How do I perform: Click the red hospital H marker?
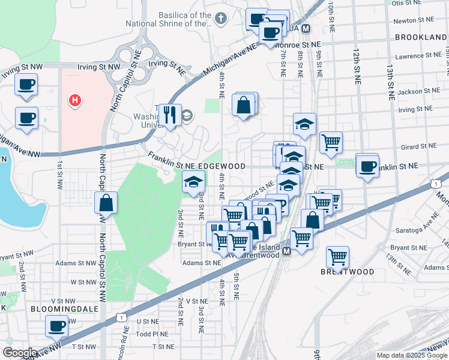point(74,100)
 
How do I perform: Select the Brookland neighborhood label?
point(420,37)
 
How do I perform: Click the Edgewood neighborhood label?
point(223,166)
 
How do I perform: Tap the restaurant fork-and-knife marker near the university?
point(170,115)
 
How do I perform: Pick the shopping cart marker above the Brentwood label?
point(338,257)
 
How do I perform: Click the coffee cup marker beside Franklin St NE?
point(367,166)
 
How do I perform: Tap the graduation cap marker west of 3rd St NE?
point(193,182)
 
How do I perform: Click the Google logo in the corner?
point(20,353)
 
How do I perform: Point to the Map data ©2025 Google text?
point(411,355)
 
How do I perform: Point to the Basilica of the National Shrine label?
point(169,19)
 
